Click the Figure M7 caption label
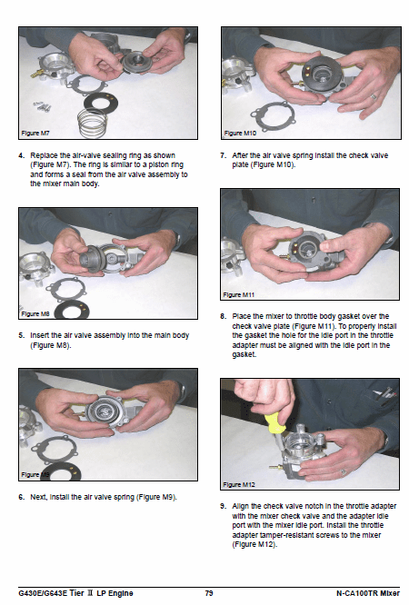(x=35, y=134)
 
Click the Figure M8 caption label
(x=35, y=313)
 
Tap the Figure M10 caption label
(x=240, y=134)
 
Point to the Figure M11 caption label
(x=239, y=295)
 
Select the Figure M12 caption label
(x=239, y=484)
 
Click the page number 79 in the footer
(x=209, y=593)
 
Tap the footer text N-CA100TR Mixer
(x=368, y=593)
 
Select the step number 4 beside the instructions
(x=22, y=155)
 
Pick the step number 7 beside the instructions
(x=223, y=155)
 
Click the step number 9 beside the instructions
(x=223, y=506)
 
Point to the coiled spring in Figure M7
(x=93, y=123)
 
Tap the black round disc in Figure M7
(x=101, y=103)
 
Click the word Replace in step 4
(x=44, y=155)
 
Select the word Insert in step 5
(x=39, y=335)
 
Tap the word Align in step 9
(x=240, y=506)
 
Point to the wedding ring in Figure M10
(x=374, y=96)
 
